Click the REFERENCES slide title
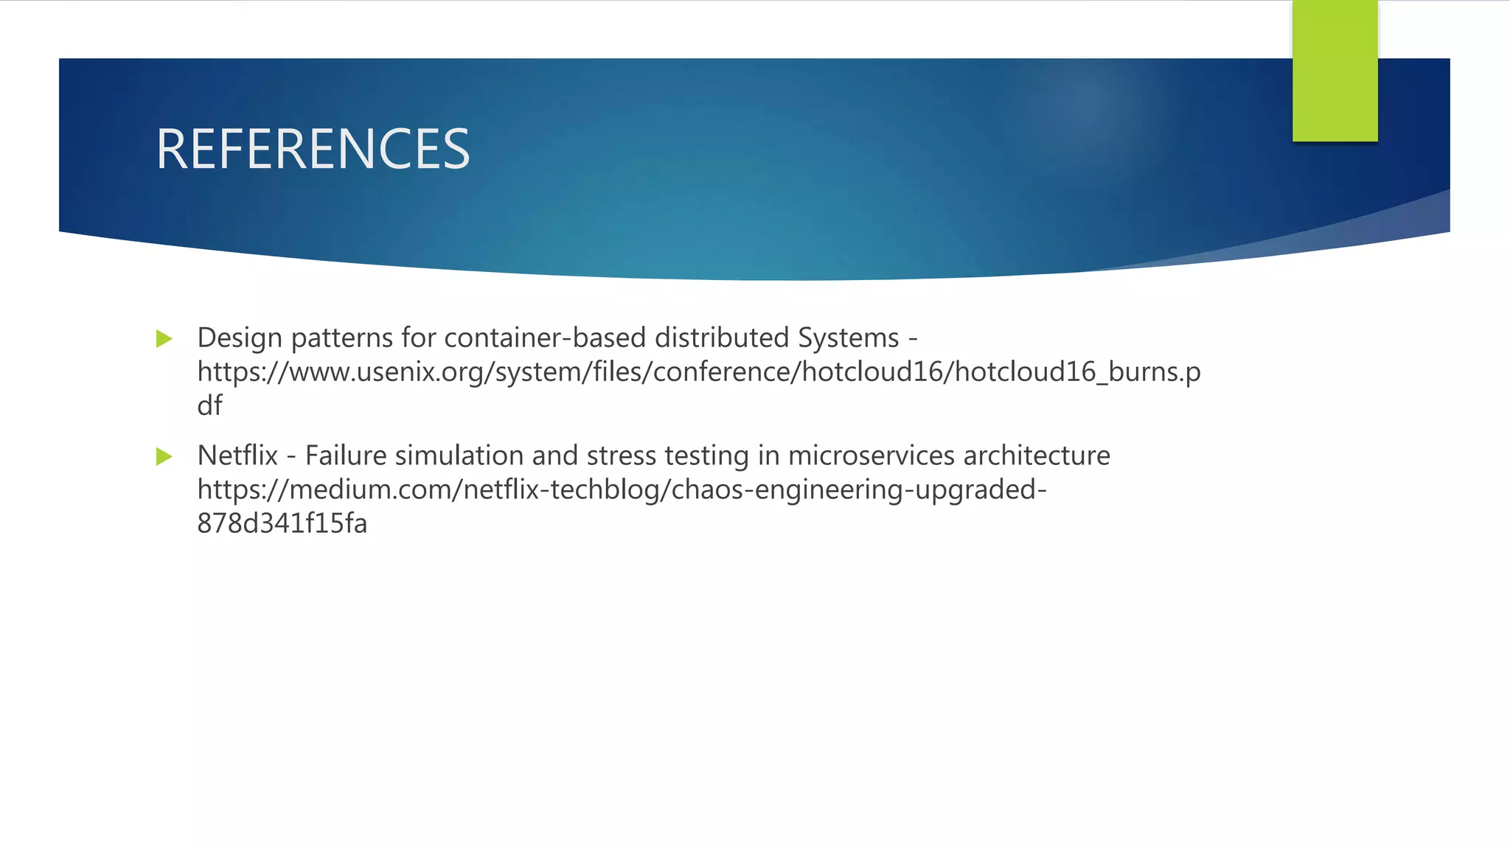[x=313, y=150]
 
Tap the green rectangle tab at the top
[x=1335, y=71]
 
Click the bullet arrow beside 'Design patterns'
[x=164, y=339]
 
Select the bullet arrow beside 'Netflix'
[x=164, y=457]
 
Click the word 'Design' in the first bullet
[x=240, y=338]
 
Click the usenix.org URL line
[x=698, y=372]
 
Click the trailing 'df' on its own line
[x=209, y=406]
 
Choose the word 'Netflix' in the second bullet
[x=237, y=456]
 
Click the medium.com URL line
[x=622, y=490]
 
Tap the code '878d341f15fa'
[x=282, y=524]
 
